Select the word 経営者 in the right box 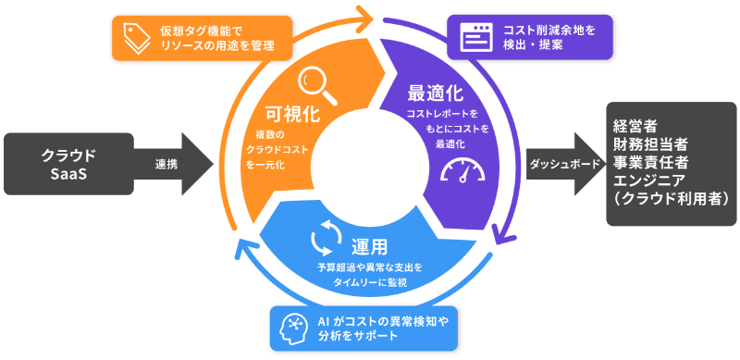pos(635,125)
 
